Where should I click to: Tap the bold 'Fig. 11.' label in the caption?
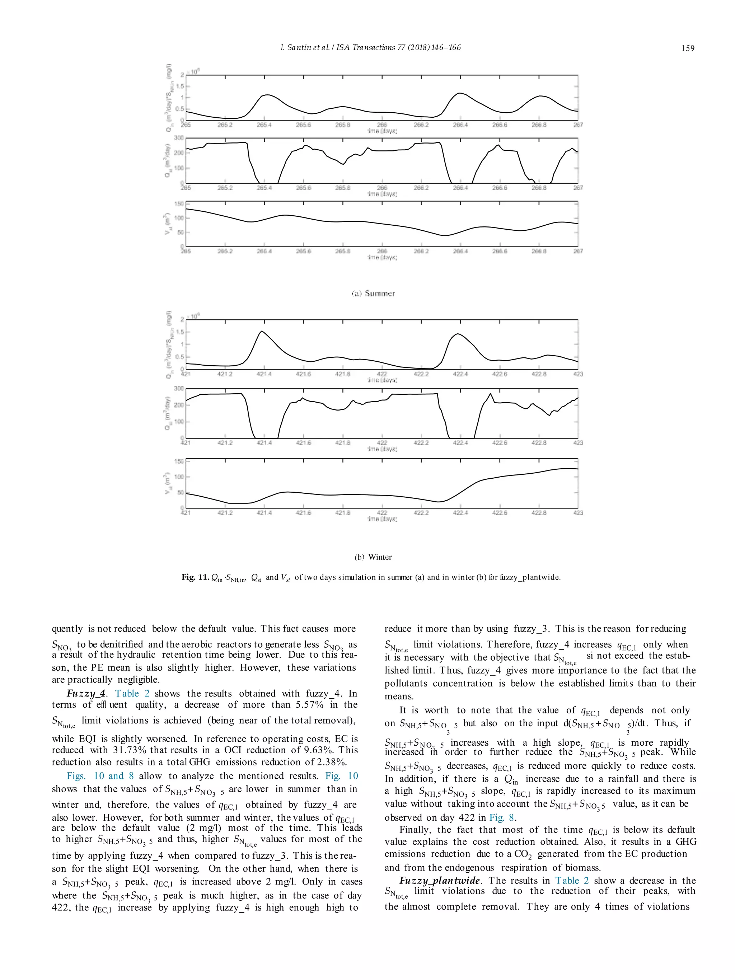point(195,577)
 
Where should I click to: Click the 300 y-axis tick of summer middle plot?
point(178,138)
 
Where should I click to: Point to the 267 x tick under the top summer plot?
point(578,125)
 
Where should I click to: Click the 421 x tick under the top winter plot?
point(186,374)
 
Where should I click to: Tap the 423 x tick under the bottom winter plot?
point(578,512)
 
